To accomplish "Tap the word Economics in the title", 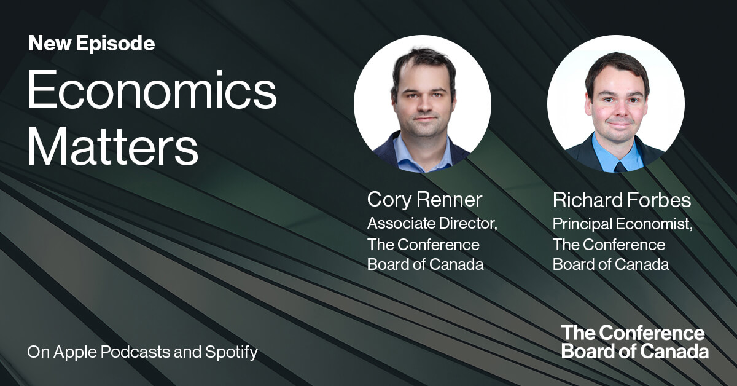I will coord(152,92).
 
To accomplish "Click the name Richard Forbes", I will coord(622,200).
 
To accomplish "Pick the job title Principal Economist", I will coord(622,223).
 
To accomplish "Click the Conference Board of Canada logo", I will coord(634,342).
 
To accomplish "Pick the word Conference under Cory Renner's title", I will coord(438,244).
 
